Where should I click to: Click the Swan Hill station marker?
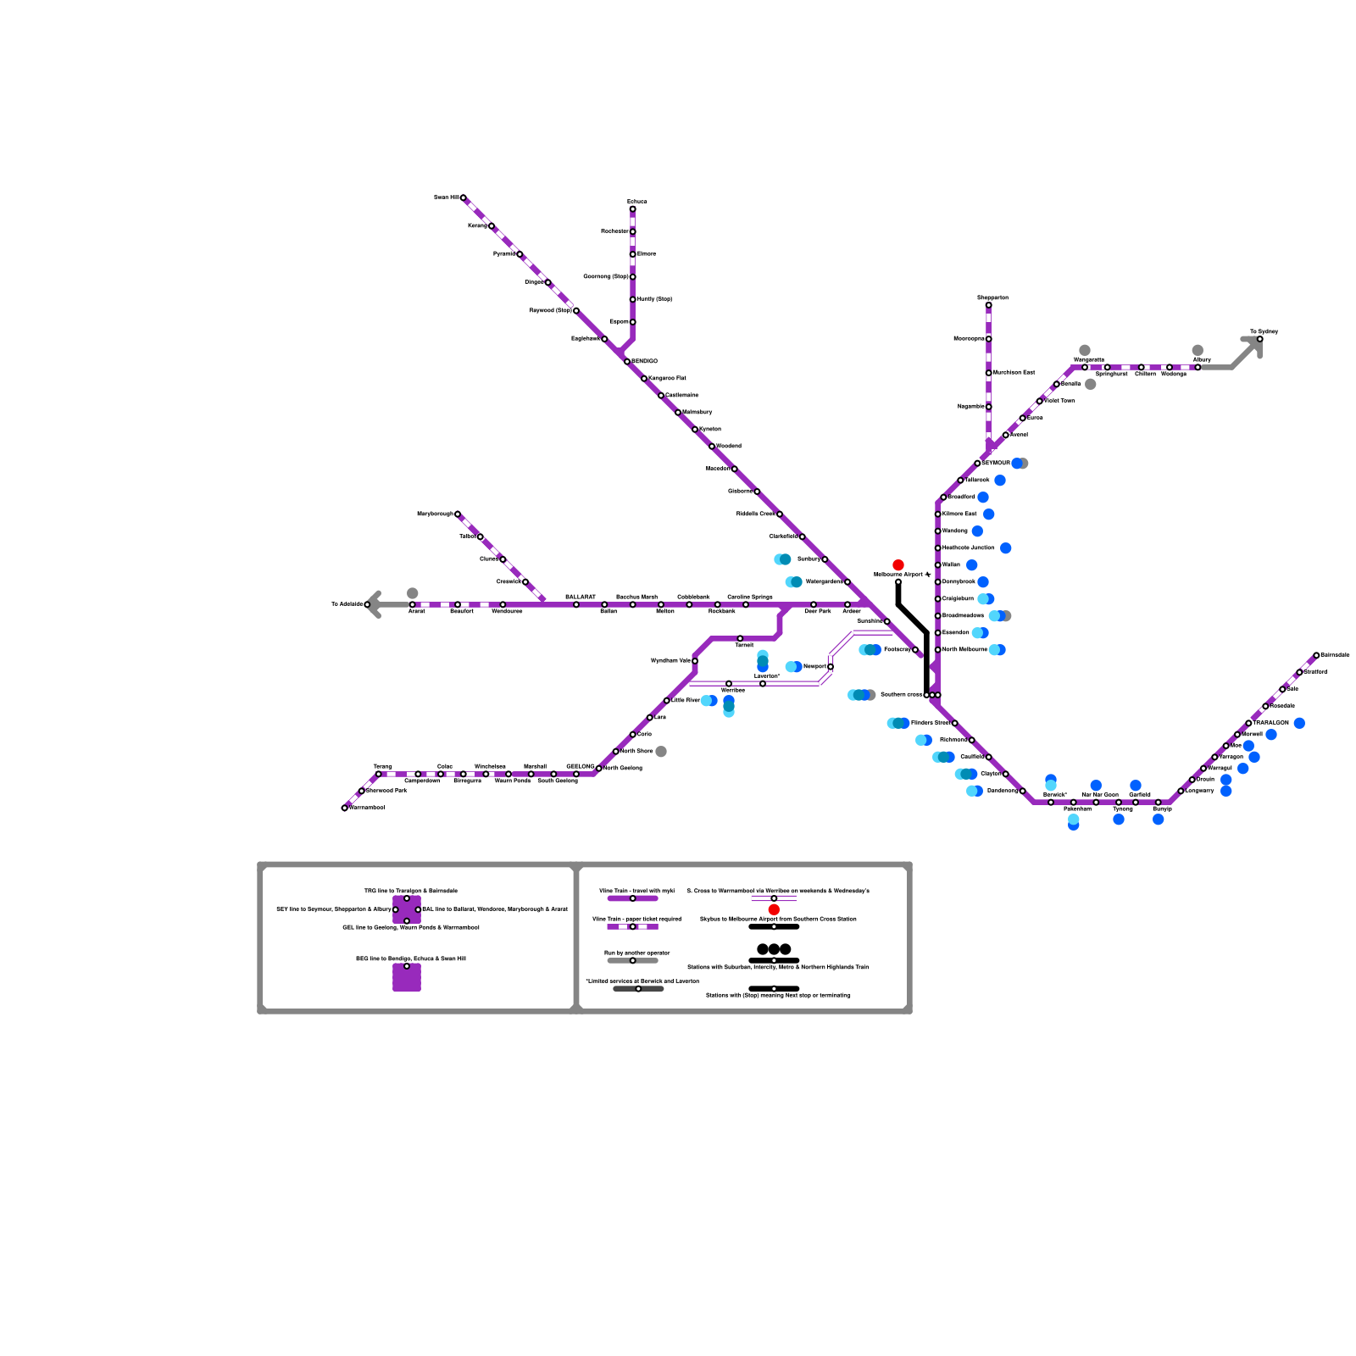463,197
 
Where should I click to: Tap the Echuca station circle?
632,208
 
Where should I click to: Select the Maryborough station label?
435,514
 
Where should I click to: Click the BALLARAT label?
581,597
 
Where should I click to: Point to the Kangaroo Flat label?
667,378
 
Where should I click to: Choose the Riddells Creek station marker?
780,514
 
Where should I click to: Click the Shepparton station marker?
988,305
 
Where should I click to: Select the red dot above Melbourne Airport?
898,564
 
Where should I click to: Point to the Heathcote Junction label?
969,548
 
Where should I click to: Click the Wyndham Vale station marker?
695,661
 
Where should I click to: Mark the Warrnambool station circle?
344,808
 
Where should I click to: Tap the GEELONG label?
580,766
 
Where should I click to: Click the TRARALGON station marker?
1248,723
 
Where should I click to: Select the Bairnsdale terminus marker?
1316,655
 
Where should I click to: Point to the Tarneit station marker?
740,638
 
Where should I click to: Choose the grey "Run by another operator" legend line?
632,960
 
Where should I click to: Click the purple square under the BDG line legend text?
407,977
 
